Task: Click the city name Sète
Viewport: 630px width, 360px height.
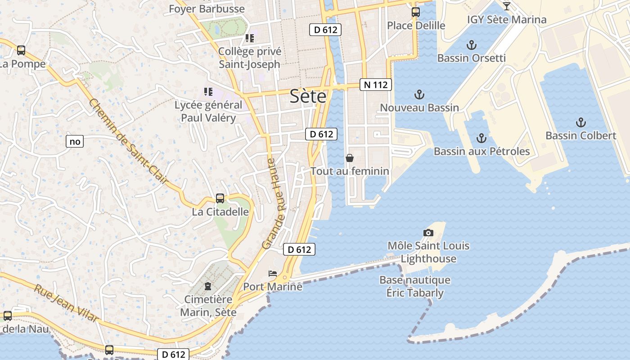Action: click(x=308, y=96)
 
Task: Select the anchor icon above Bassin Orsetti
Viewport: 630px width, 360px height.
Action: click(x=471, y=45)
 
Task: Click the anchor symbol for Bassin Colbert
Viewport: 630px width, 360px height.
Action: click(x=581, y=122)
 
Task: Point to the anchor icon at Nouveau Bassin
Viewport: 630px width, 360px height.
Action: click(x=419, y=94)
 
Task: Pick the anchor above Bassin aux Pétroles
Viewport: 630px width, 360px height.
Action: click(x=481, y=138)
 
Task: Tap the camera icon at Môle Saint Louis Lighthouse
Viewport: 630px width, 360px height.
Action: click(x=428, y=233)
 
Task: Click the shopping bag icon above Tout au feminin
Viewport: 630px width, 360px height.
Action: click(x=349, y=158)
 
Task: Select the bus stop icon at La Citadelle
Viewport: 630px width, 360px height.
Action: click(x=220, y=198)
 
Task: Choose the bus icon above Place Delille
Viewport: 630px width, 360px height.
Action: click(x=416, y=12)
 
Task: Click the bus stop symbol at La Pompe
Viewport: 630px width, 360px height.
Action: click(x=21, y=50)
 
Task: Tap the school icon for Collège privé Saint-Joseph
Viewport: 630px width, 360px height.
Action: click(x=249, y=38)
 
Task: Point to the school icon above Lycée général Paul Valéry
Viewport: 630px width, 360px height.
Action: click(x=208, y=92)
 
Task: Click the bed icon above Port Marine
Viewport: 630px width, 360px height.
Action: click(x=273, y=273)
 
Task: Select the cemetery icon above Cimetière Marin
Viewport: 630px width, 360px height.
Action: click(x=208, y=286)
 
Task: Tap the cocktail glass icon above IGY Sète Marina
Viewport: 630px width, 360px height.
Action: click(x=507, y=6)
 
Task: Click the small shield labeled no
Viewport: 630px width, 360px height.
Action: click(x=75, y=142)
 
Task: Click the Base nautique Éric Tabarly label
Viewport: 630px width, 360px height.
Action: click(x=414, y=286)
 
